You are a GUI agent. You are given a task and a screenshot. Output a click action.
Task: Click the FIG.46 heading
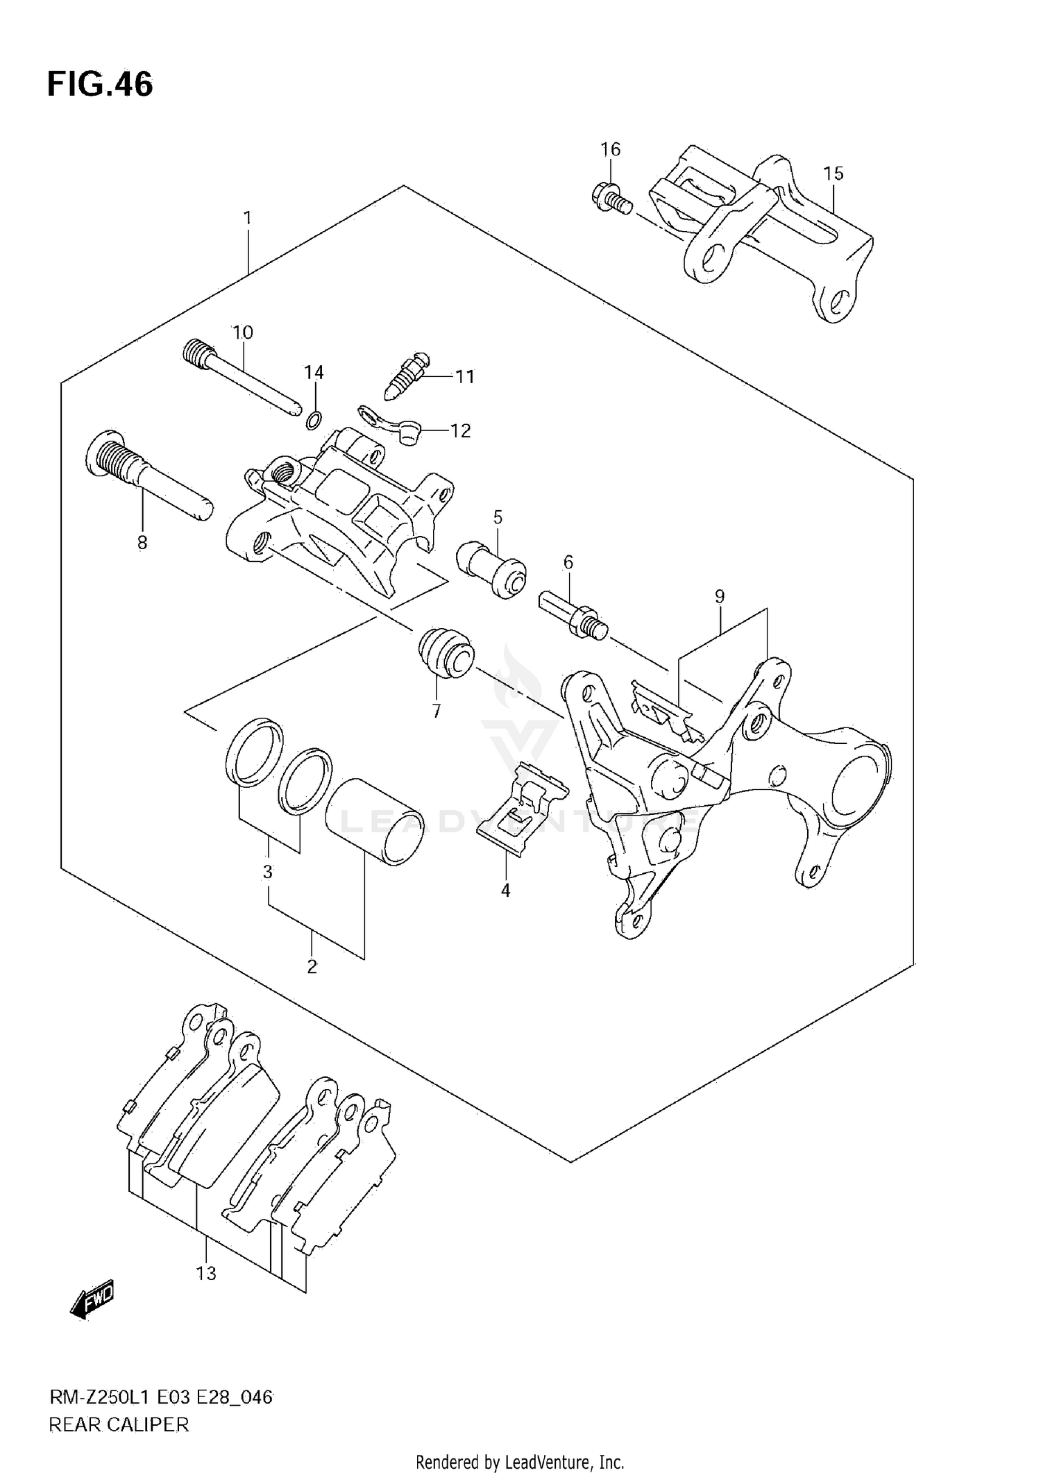pyautogui.click(x=100, y=85)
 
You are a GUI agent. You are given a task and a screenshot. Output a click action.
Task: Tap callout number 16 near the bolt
pyautogui.click(x=610, y=149)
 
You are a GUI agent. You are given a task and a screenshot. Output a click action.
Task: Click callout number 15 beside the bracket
pyautogui.click(x=833, y=173)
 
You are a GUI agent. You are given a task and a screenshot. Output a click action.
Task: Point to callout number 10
pyautogui.click(x=243, y=332)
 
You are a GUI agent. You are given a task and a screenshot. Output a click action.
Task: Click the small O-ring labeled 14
pyautogui.click(x=313, y=419)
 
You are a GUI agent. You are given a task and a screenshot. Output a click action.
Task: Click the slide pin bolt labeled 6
pyautogui.click(x=573, y=611)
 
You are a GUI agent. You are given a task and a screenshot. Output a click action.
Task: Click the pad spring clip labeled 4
pyautogui.click(x=522, y=809)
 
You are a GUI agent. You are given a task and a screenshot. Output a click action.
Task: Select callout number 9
pyautogui.click(x=720, y=596)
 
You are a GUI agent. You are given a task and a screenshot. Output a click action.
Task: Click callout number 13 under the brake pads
pyautogui.click(x=206, y=1274)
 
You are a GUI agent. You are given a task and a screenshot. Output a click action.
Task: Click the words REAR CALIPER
pyautogui.click(x=119, y=1425)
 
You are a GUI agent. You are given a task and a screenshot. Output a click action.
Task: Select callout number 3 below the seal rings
pyautogui.click(x=268, y=873)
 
